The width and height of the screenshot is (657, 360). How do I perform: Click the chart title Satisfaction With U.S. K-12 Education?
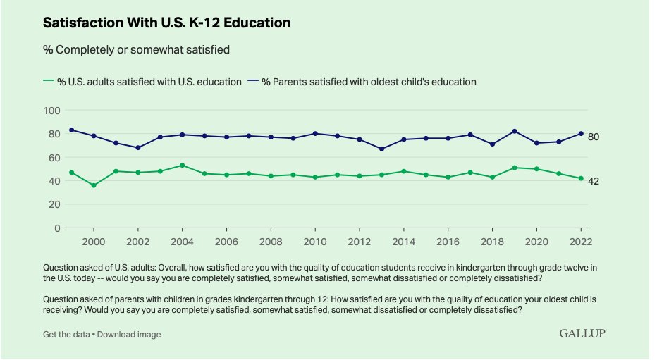166,23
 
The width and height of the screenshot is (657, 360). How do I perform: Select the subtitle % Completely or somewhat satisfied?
136,49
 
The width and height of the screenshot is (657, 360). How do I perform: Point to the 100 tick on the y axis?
51,111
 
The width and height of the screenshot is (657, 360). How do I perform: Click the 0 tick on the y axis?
56,228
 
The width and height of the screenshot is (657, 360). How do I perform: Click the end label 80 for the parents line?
594,137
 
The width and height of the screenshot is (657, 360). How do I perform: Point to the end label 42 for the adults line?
594,181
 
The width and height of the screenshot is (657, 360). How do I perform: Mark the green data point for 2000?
94,185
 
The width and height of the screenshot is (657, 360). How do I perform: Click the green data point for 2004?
183,166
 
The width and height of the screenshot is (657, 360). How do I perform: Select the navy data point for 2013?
382,149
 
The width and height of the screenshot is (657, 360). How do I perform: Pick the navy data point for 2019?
515,131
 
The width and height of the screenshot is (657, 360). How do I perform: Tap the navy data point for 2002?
139,148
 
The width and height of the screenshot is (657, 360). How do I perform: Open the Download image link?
129,334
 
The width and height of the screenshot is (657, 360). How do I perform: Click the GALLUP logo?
582,333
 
